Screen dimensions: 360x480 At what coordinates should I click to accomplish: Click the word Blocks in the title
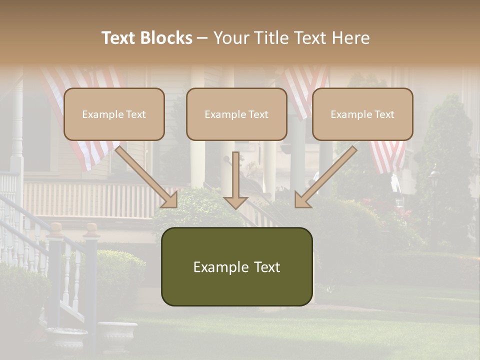tap(166, 38)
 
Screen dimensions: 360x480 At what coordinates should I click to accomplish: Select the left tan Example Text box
tap(114, 114)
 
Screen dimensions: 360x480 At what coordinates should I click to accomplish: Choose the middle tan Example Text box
tap(236, 114)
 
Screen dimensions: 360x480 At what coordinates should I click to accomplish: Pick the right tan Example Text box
tap(362, 114)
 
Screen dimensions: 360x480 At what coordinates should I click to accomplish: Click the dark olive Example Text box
tap(236, 266)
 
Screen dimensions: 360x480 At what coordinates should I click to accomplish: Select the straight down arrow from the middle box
tap(235, 180)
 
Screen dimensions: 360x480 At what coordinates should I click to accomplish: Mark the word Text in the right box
tap(384, 114)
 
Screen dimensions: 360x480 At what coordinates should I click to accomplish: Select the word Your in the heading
tap(231, 38)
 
